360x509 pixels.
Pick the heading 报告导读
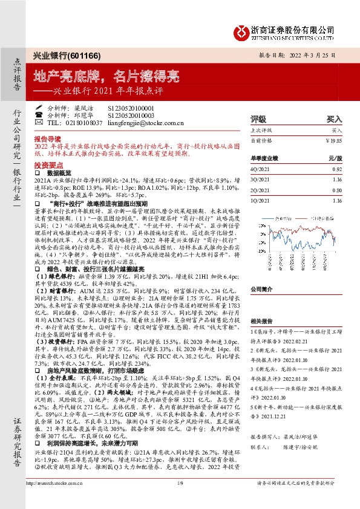click(x=48, y=138)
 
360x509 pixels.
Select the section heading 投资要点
click(x=48, y=164)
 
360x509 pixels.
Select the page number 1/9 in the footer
click(x=180, y=499)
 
